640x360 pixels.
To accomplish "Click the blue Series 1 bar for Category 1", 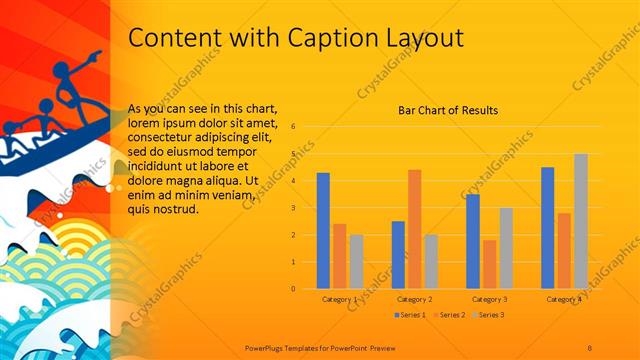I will coord(323,231).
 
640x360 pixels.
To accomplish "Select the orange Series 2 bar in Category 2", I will coord(414,229).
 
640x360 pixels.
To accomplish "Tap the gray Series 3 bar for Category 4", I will coord(581,221).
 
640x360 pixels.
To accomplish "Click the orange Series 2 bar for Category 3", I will coord(489,264).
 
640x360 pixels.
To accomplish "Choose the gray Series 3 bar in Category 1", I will coord(356,261).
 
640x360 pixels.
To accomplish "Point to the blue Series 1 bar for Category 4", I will coord(547,228).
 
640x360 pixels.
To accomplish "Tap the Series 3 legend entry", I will coord(491,315).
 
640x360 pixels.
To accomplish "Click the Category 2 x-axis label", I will coord(414,299).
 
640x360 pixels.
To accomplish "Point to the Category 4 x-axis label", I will coord(564,299).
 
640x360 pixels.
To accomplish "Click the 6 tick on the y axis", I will coord(293,127).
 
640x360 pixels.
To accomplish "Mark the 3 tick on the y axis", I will coord(293,208).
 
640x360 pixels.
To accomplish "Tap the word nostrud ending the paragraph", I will coord(178,210).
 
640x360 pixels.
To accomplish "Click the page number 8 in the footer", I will coord(590,346).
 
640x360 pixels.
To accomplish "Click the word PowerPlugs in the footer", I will coord(267,346).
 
